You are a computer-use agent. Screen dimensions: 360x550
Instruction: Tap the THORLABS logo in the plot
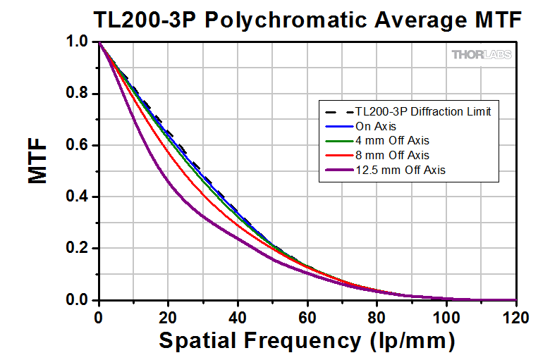click(x=482, y=54)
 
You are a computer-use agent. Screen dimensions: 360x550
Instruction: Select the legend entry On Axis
click(x=374, y=126)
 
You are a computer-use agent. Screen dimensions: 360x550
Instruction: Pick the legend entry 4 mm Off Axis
click(x=393, y=140)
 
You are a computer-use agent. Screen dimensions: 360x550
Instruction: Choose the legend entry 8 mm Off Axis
click(x=393, y=155)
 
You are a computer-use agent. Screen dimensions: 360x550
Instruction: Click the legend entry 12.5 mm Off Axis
click(x=400, y=170)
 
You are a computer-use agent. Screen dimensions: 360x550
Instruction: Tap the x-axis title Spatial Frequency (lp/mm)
click(x=307, y=341)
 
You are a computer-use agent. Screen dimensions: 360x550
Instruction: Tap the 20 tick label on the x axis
click(x=168, y=317)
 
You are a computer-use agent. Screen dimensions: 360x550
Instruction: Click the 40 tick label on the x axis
click(x=238, y=317)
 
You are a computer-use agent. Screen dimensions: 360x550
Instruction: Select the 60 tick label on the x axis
click(x=307, y=317)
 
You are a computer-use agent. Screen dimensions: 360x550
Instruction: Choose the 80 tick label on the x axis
click(x=377, y=317)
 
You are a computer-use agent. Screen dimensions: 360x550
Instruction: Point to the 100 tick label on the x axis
click(x=446, y=317)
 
